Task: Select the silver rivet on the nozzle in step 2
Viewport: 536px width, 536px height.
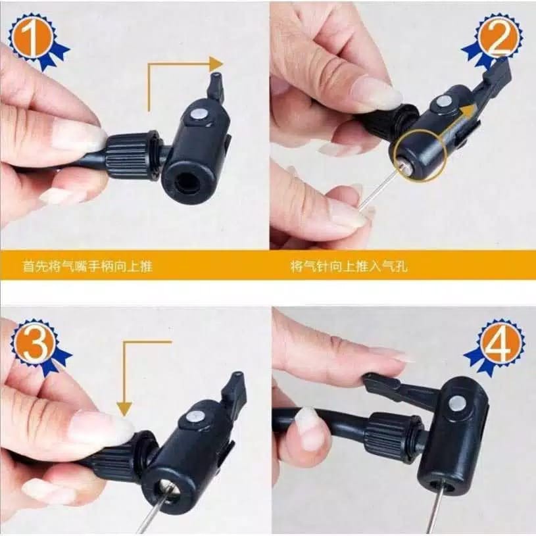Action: (x=445, y=101)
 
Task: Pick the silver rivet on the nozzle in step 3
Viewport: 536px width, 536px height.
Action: (x=194, y=416)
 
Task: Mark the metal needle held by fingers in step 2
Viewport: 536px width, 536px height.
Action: (x=376, y=191)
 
